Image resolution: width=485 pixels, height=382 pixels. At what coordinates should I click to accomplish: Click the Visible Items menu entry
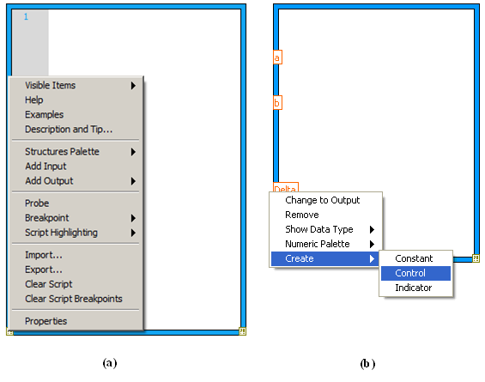coord(50,85)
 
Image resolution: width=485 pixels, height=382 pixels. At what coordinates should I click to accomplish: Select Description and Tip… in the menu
coord(69,130)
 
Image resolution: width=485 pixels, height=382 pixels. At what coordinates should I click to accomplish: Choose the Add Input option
coord(45,167)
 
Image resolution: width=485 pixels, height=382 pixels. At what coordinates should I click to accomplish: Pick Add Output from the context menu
coord(49,181)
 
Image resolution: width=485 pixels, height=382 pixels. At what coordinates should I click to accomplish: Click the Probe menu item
coord(37,203)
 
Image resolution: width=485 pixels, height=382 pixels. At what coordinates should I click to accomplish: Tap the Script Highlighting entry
coord(61,233)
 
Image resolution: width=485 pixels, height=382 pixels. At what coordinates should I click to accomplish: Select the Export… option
coord(44,270)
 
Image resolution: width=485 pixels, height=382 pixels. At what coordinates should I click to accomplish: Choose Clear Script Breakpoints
coord(74,299)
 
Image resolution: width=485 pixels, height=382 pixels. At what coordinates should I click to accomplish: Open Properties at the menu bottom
coord(45,321)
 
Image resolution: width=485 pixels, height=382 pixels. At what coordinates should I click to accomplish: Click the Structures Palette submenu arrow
coord(133,152)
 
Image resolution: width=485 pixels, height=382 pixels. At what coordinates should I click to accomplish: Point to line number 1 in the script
coord(26,16)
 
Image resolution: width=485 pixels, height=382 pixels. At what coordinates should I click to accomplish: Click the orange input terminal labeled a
coord(277,58)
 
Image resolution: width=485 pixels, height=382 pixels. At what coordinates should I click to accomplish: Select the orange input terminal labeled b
coord(277,102)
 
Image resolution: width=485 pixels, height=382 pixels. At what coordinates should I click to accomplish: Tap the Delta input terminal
coord(286,187)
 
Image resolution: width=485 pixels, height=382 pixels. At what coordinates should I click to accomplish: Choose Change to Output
coord(322,200)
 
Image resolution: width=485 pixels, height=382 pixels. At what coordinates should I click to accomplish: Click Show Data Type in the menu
coord(319,229)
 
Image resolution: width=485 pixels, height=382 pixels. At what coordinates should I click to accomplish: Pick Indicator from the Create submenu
coord(414,288)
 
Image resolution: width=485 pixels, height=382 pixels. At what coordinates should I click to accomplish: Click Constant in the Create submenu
coord(414,258)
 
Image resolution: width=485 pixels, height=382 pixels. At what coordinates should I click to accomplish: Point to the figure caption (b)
coord(367,363)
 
